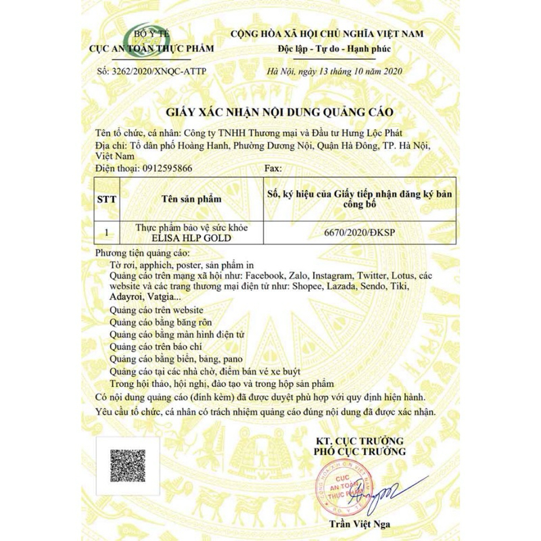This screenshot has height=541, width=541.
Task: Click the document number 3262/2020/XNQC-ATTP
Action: [x=151, y=71]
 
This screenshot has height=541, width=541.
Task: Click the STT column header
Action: [x=107, y=199]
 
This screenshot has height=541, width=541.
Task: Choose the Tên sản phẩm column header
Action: [x=191, y=199]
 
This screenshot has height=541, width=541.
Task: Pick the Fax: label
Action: [x=272, y=168]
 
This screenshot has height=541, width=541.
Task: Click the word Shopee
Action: [x=310, y=287]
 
